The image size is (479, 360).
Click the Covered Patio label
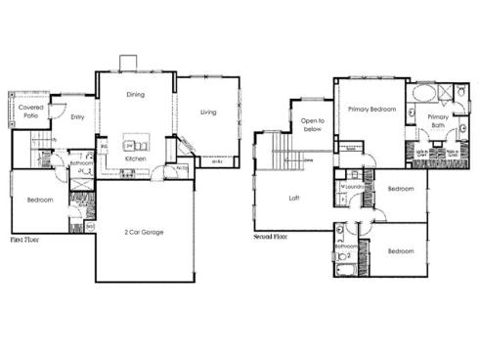point(29,112)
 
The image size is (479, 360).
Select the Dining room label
point(136,95)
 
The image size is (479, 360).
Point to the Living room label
point(208,112)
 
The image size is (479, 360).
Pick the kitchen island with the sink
point(136,146)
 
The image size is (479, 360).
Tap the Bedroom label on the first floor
point(39,200)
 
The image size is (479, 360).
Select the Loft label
point(292,197)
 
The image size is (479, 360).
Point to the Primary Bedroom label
point(371,110)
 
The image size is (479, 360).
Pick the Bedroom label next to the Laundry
point(400,189)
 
